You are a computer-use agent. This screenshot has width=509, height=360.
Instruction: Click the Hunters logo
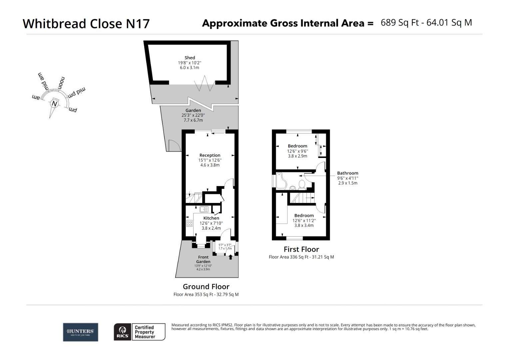(x=81, y=332)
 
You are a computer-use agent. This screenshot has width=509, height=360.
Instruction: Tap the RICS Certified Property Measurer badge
(x=140, y=332)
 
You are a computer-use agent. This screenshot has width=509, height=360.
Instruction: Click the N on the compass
(x=54, y=104)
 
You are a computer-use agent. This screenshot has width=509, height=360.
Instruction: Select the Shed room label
(x=190, y=58)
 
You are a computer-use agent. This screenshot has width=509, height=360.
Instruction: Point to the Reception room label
(x=210, y=155)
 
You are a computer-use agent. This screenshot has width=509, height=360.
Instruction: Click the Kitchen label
(x=211, y=218)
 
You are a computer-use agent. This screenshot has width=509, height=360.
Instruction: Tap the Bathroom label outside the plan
(x=347, y=173)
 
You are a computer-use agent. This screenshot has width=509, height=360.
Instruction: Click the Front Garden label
(x=203, y=259)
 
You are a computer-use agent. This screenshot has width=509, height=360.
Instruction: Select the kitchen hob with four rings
(x=189, y=223)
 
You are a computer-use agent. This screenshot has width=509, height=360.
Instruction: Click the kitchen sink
(x=204, y=209)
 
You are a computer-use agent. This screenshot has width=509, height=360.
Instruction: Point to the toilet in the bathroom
(x=302, y=184)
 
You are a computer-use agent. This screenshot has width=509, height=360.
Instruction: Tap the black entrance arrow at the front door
(x=231, y=257)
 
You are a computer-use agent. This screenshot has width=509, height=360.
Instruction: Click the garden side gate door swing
(x=174, y=145)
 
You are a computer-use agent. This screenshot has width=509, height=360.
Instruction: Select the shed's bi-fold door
(x=204, y=84)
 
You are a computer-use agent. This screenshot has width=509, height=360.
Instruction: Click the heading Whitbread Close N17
(x=86, y=24)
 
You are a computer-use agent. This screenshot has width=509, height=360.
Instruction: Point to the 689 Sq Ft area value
(x=399, y=23)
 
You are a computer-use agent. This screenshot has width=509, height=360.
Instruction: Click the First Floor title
(x=301, y=249)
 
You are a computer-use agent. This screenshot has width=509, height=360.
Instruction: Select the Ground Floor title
(x=206, y=287)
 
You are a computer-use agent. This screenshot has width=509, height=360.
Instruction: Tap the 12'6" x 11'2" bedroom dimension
(x=304, y=220)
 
